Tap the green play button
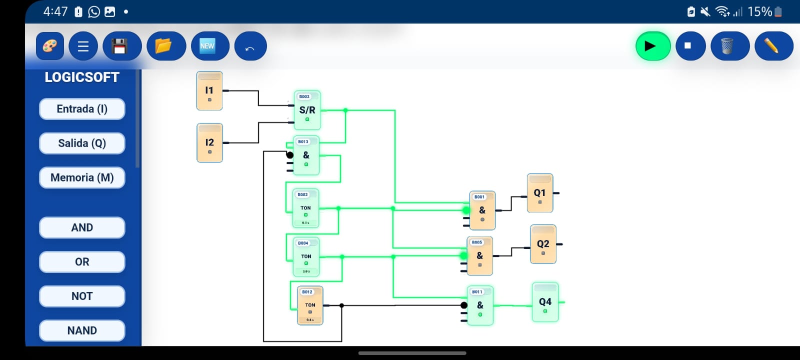click(x=652, y=46)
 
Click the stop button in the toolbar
click(x=690, y=46)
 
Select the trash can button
click(x=729, y=46)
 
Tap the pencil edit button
click(x=773, y=46)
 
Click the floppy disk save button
click(x=121, y=46)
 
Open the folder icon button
click(x=166, y=46)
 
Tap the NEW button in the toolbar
click(x=209, y=46)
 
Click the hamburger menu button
click(x=83, y=46)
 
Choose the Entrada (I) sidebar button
click(x=82, y=109)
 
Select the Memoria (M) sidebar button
click(x=82, y=177)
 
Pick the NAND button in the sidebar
click(x=82, y=330)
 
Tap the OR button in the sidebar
click(x=82, y=262)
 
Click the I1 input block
click(x=209, y=91)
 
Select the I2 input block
click(x=209, y=143)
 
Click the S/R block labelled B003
click(x=307, y=110)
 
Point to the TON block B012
click(x=310, y=305)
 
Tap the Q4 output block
click(x=545, y=302)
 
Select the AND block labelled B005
click(x=479, y=256)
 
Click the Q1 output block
click(x=539, y=193)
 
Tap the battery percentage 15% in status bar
click(x=759, y=11)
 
